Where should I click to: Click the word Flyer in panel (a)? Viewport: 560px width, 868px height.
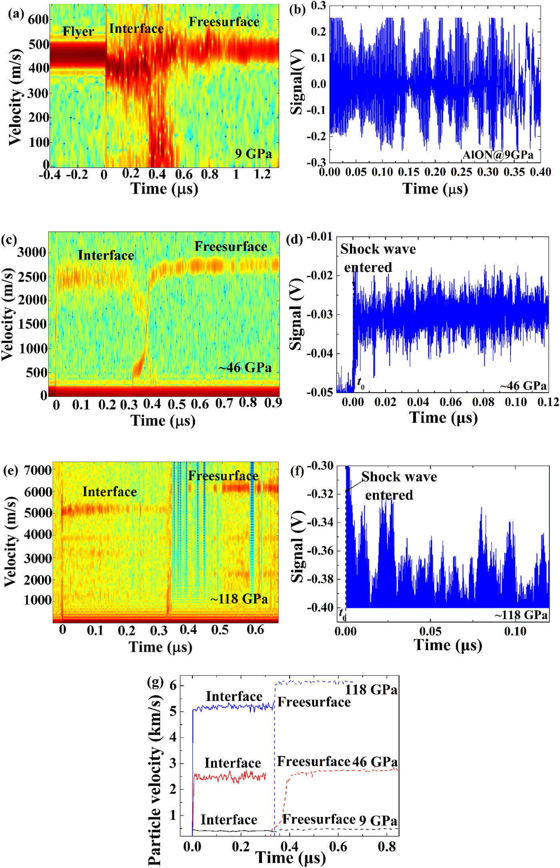tap(78, 32)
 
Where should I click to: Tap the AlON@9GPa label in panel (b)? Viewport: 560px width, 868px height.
tap(498, 155)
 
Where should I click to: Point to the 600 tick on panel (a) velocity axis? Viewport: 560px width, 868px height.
tap(38, 19)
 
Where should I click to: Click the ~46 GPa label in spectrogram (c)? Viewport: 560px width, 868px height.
tap(245, 367)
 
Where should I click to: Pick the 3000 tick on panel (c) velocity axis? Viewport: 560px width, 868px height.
tap(32, 252)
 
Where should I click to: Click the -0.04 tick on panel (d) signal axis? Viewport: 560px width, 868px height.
tap(320, 354)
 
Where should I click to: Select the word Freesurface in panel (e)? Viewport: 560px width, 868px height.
tap(223, 476)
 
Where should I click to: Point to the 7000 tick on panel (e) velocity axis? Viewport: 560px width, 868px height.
tap(38, 470)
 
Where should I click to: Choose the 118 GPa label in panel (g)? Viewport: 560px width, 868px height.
tap(371, 689)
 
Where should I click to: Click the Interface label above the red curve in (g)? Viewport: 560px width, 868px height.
tap(232, 763)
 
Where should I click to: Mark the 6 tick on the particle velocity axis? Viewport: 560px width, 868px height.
tap(173, 685)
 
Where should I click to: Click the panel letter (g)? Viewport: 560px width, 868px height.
tap(156, 681)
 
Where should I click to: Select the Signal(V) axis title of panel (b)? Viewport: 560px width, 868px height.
tap(297, 82)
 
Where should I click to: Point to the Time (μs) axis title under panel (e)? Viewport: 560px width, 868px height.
tap(160, 647)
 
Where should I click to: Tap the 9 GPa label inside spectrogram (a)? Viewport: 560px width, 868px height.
tap(253, 154)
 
